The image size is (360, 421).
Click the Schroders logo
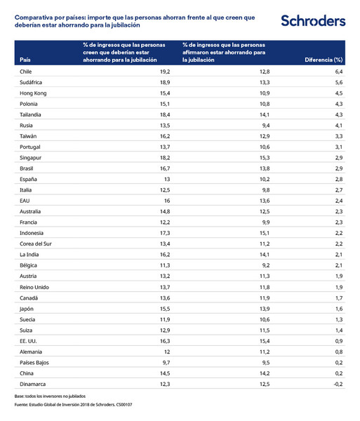pyautogui.click(x=313, y=21)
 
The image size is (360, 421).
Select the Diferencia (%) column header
pyautogui.click(x=324, y=60)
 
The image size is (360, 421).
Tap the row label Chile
pyautogui.click(x=27, y=72)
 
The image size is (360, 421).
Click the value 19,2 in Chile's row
pyautogui.click(x=166, y=72)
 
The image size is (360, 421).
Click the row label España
pyautogui.click(x=29, y=179)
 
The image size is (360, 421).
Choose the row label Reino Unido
pyautogui.click(x=35, y=287)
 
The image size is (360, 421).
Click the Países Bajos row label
pyautogui.click(x=34, y=362)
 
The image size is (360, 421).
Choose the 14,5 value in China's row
pyautogui.click(x=166, y=373)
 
